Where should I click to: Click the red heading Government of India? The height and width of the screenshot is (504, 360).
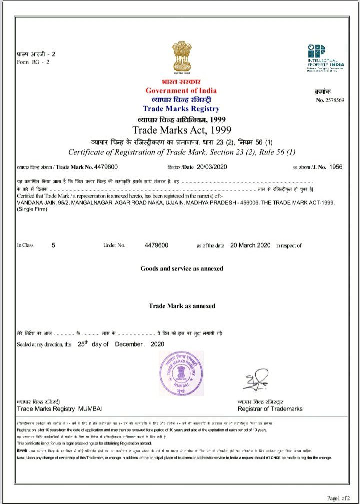pos(181,90)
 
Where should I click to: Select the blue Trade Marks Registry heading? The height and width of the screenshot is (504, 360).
pos(181,109)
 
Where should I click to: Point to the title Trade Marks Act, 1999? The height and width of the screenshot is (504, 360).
pos(181,130)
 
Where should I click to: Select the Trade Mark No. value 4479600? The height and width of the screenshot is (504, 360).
pos(106,167)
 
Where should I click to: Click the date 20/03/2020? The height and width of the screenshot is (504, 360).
pos(213,167)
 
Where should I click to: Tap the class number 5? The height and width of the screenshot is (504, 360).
pos(54,245)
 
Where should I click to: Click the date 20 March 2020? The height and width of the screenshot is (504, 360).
pos(250,245)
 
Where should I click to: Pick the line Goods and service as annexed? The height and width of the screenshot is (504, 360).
pos(182,269)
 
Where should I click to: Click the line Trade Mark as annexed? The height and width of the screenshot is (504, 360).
pos(182,306)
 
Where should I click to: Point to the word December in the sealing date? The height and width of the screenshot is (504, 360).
pos(129,344)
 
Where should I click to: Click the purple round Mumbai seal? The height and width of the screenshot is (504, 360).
pos(182,373)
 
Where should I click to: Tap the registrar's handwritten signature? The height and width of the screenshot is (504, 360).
pos(256,379)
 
